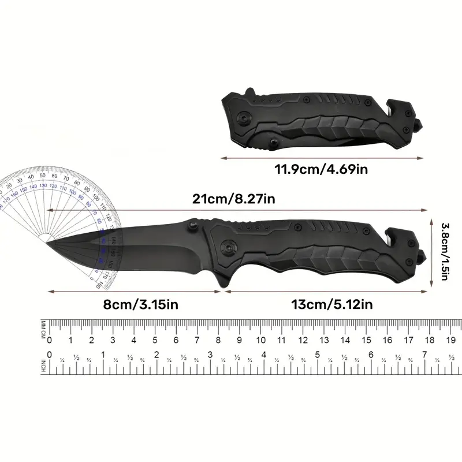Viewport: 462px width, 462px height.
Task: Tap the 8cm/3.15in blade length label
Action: pyautogui.click(x=135, y=304)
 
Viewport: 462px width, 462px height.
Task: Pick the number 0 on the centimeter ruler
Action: pyautogui.click(x=50, y=340)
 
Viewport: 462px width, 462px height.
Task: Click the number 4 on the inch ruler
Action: pyautogui.click(x=264, y=355)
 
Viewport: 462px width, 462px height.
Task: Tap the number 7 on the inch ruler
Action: pyautogui.click(x=424, y=355)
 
